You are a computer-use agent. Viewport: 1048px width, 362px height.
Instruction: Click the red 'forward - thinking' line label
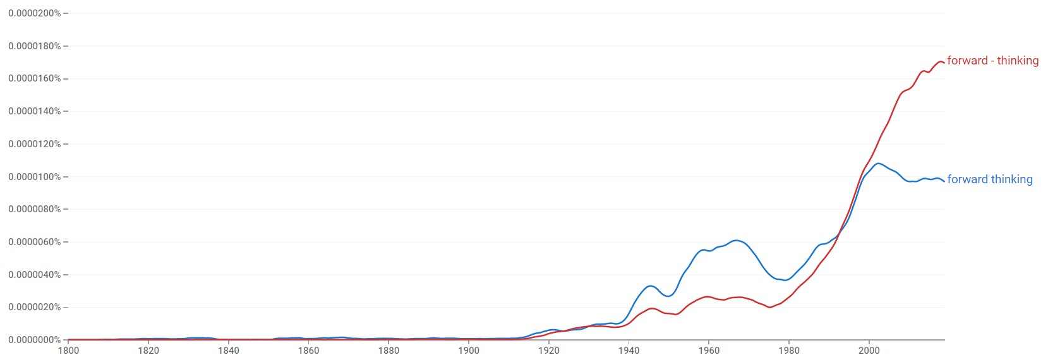click(992, 61)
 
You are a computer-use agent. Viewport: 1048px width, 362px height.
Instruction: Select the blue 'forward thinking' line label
click(989, 179)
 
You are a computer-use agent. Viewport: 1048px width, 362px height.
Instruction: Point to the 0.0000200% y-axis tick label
click(35, 13)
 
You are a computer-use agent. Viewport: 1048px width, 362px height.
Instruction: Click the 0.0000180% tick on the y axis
click(35, 46)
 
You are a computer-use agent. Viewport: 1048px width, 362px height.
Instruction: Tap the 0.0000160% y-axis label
click(35, 78)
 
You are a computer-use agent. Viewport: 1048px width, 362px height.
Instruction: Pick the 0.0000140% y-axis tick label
click(35, 111)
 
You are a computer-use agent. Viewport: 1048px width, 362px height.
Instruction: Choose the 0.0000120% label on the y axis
click(35, 144)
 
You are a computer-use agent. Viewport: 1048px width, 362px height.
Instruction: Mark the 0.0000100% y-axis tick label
click(35, 177)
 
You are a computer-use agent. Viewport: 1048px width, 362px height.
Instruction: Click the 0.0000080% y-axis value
click(35, 209)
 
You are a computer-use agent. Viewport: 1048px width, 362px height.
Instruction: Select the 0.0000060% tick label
click(35, 242)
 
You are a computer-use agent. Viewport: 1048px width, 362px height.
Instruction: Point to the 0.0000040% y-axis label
click(35, 275)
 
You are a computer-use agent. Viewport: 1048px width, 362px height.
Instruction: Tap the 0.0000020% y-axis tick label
click(35, 307)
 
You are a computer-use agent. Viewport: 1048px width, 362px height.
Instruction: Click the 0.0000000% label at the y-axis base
click(35, 340)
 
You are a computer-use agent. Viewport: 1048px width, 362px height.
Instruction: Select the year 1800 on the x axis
click(68, 351)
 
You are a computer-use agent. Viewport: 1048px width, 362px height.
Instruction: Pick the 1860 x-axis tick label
click(308, 351)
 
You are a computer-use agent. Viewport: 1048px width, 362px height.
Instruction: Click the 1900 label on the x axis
click(469, 351)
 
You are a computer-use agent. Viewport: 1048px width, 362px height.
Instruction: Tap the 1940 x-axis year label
click(629, 351)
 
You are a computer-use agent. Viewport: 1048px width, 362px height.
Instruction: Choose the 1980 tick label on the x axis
click(789, 351)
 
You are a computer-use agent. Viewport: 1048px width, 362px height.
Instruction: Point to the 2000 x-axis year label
click(869, 351)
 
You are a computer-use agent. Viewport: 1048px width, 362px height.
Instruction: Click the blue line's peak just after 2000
click(878, 164)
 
